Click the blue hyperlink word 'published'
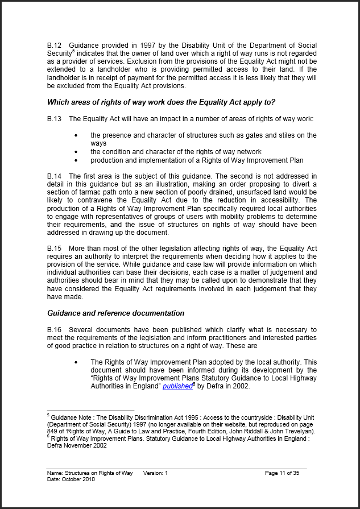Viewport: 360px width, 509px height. (x=177, y=386)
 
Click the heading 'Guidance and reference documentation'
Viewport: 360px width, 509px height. (x=115, y=313)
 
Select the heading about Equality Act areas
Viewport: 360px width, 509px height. (x=161, y=102)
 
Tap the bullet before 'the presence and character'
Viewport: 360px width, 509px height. (x=76, y=135)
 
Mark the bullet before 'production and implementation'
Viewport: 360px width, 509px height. (x=76, y=160)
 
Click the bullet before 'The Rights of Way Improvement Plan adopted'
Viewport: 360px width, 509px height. (x=76, y=362)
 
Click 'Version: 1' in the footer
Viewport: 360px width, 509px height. (x=156, y=473)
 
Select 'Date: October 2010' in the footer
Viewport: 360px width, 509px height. (x=71, y=479)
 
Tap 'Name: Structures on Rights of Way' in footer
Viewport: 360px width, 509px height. (x=90, y=473)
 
